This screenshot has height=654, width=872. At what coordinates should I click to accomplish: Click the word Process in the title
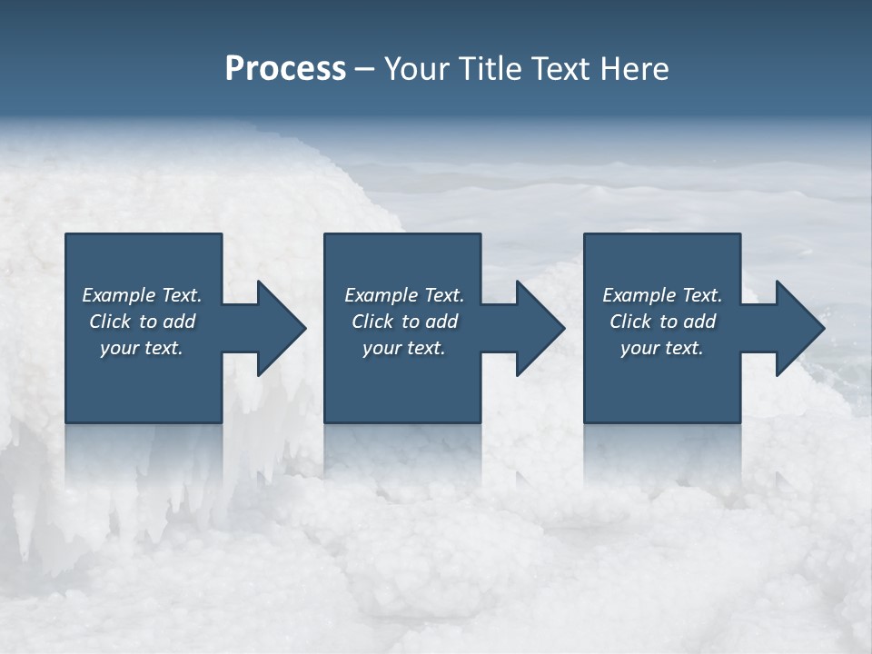tap(285, 69)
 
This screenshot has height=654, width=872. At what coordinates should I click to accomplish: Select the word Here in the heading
tap(633, 69)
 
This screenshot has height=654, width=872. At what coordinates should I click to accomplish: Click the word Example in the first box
tap(119, 295)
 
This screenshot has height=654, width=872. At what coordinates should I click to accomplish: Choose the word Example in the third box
tap(639, 295)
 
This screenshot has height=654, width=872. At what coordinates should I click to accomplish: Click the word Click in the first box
tap(110, 322)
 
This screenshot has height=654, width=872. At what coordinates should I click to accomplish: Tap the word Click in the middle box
tap(372, 322)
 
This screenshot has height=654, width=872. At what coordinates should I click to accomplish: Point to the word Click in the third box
tap(630, 322)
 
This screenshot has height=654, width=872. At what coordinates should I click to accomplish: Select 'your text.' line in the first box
tap(142, 349)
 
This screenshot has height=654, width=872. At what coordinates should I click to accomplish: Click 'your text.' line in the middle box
tap(403, 349)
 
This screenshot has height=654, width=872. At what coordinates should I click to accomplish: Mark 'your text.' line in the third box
tap(662, 349)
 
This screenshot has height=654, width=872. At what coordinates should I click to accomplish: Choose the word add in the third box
tap(700, 322)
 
